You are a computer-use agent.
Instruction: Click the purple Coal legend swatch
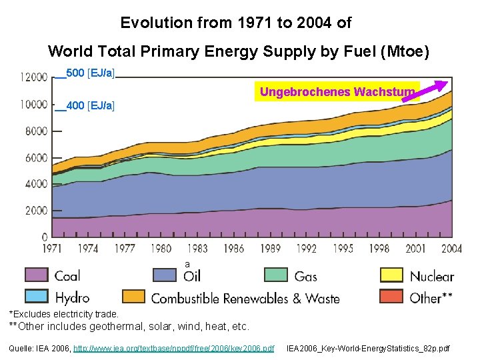[x=36, y=275]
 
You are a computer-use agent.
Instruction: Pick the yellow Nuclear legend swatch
[x=391, y=275]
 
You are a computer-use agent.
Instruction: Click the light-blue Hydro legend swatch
[x=36, y=297]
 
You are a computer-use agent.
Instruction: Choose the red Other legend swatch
[x=391, y=297]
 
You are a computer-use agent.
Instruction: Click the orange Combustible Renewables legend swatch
[x=133, y=297]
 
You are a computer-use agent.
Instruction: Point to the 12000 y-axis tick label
[x=33, y=77]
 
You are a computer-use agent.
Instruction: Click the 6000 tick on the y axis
[x=36, y=158]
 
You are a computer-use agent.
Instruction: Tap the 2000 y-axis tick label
[x=36, y=211]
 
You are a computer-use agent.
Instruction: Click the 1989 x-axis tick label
[x=269, y=249]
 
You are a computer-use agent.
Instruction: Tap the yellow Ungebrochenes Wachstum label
[x=337, y=91]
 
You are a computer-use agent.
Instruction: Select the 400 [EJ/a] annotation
[x=90, y=106]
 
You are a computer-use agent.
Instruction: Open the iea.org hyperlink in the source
[x=173, y=349]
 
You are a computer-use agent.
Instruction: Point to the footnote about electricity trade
[x=63, y=314]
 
